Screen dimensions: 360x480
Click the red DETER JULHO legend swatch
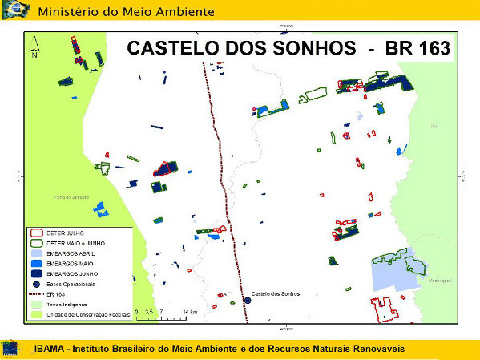pyautogui.click(x=35, y=233)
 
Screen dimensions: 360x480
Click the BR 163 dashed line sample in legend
pyautogui.click(x=35, y=294)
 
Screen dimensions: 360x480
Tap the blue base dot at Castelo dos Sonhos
pyautogui.click(x=246, y=301)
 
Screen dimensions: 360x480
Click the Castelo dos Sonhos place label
pyautogui.click(x=276, y=295)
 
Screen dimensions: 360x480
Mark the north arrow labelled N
pyautogui.click(x=34, y=49)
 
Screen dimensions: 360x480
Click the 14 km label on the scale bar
pyautogui.click(x=189, y=310)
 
